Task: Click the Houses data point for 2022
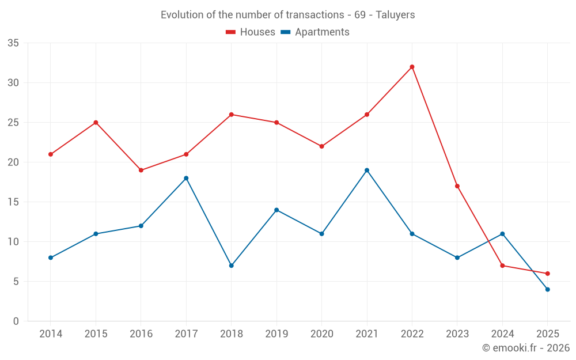click(x=412, y=67)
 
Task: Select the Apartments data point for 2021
click(x=367, y=170)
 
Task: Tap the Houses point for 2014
click(x=51, y=154)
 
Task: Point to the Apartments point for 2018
click(x=232, y=266)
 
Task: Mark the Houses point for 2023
click(x=457, y=186)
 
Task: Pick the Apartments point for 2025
click(x=548, y=289)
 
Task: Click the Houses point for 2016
click(x=141, y=170)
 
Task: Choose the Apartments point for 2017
click(x=186, y=178)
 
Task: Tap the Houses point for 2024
click(x=502, y=266)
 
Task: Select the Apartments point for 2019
click(x=276, y=210)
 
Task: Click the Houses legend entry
click(x=251, y=32)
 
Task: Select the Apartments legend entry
click(x=315, y=32)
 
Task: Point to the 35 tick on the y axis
click(x=14, y=43)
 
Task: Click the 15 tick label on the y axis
click(x=14, y=202)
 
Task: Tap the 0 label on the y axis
click(x=16, y=321)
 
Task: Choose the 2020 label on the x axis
click(x=321, y=334)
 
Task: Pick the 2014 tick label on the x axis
click(x=51, y=334)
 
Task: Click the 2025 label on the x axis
click(x=548, y=334)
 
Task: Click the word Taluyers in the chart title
click(x=395, y=15)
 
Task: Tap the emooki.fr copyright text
click(x=526, y=348)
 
